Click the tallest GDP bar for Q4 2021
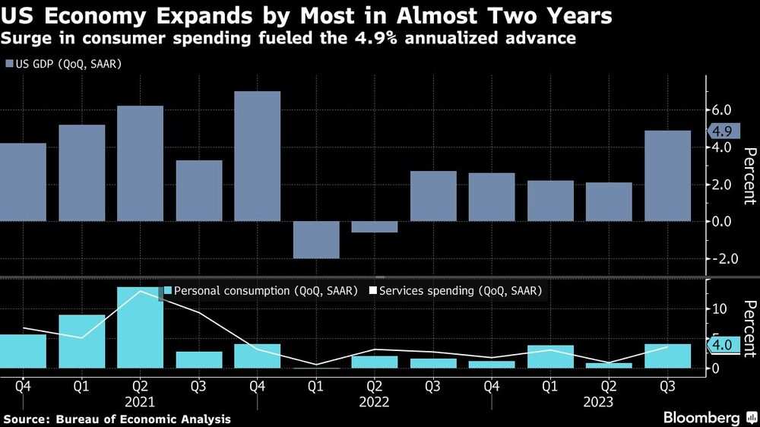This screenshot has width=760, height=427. pos(258,156)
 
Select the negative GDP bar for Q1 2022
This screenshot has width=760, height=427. pos(316,239)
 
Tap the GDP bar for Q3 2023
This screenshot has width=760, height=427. pos(667,176)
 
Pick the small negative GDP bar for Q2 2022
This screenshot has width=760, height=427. pos(375,226)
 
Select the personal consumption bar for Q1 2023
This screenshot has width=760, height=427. pos(550,356)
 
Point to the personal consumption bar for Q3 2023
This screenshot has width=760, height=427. pos(667,356)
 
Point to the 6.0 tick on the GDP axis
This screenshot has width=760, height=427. pos(721,110)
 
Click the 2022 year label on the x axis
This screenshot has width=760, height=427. pos(375,401)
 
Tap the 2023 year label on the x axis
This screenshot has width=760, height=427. pos(599,401)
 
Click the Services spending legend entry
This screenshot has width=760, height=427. pos(460,290)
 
